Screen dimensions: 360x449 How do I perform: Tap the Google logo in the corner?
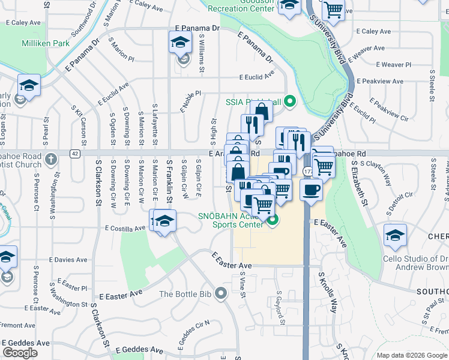(20, 353)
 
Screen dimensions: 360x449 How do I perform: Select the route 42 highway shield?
(74, 154)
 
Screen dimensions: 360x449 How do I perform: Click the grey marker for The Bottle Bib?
(221, 294)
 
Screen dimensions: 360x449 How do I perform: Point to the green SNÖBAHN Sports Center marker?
(273, 220)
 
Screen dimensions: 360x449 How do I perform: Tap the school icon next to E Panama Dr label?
(179, 43)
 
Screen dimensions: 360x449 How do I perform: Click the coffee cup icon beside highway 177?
(310, 191)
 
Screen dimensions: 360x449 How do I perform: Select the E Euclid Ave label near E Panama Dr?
(256, 77)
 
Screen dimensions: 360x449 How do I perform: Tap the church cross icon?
(51, 160)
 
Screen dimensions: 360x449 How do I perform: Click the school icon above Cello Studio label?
(395, 235)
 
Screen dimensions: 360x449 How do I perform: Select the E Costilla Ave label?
(125, 229)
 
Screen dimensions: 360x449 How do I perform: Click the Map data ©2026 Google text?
(412, 355)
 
